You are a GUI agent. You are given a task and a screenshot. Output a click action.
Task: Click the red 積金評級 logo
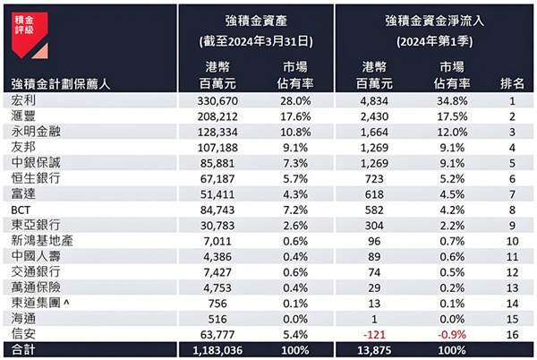[25, 23]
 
